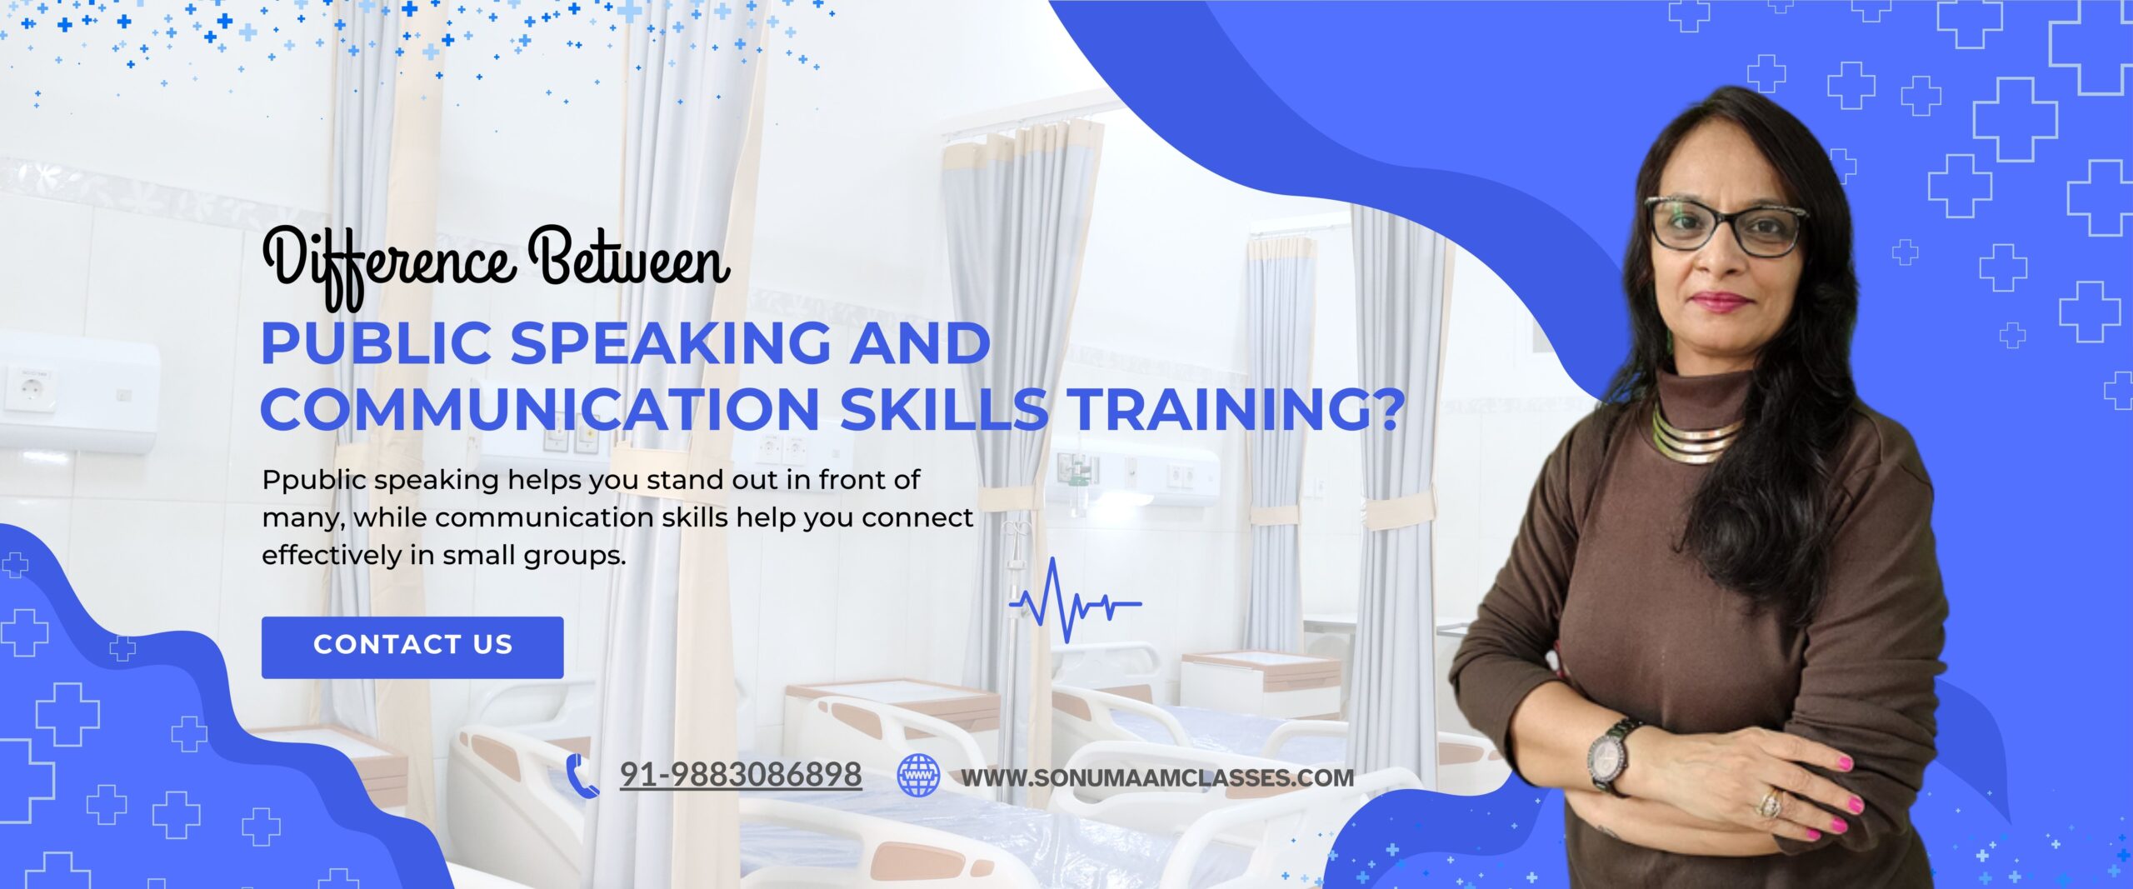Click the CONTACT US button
tap(412, 647)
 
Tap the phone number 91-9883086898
tap(741, 775)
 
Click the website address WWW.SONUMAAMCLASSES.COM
tap(1157, 777)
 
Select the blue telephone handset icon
tap(582, 776)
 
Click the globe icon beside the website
tap(917, 775)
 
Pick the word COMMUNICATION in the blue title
tap(541, 409)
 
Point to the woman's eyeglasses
tap(1725, 225)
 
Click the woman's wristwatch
tap(1610, 754)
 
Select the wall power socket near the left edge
tap(29, 388)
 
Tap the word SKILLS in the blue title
tap(944, 409)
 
